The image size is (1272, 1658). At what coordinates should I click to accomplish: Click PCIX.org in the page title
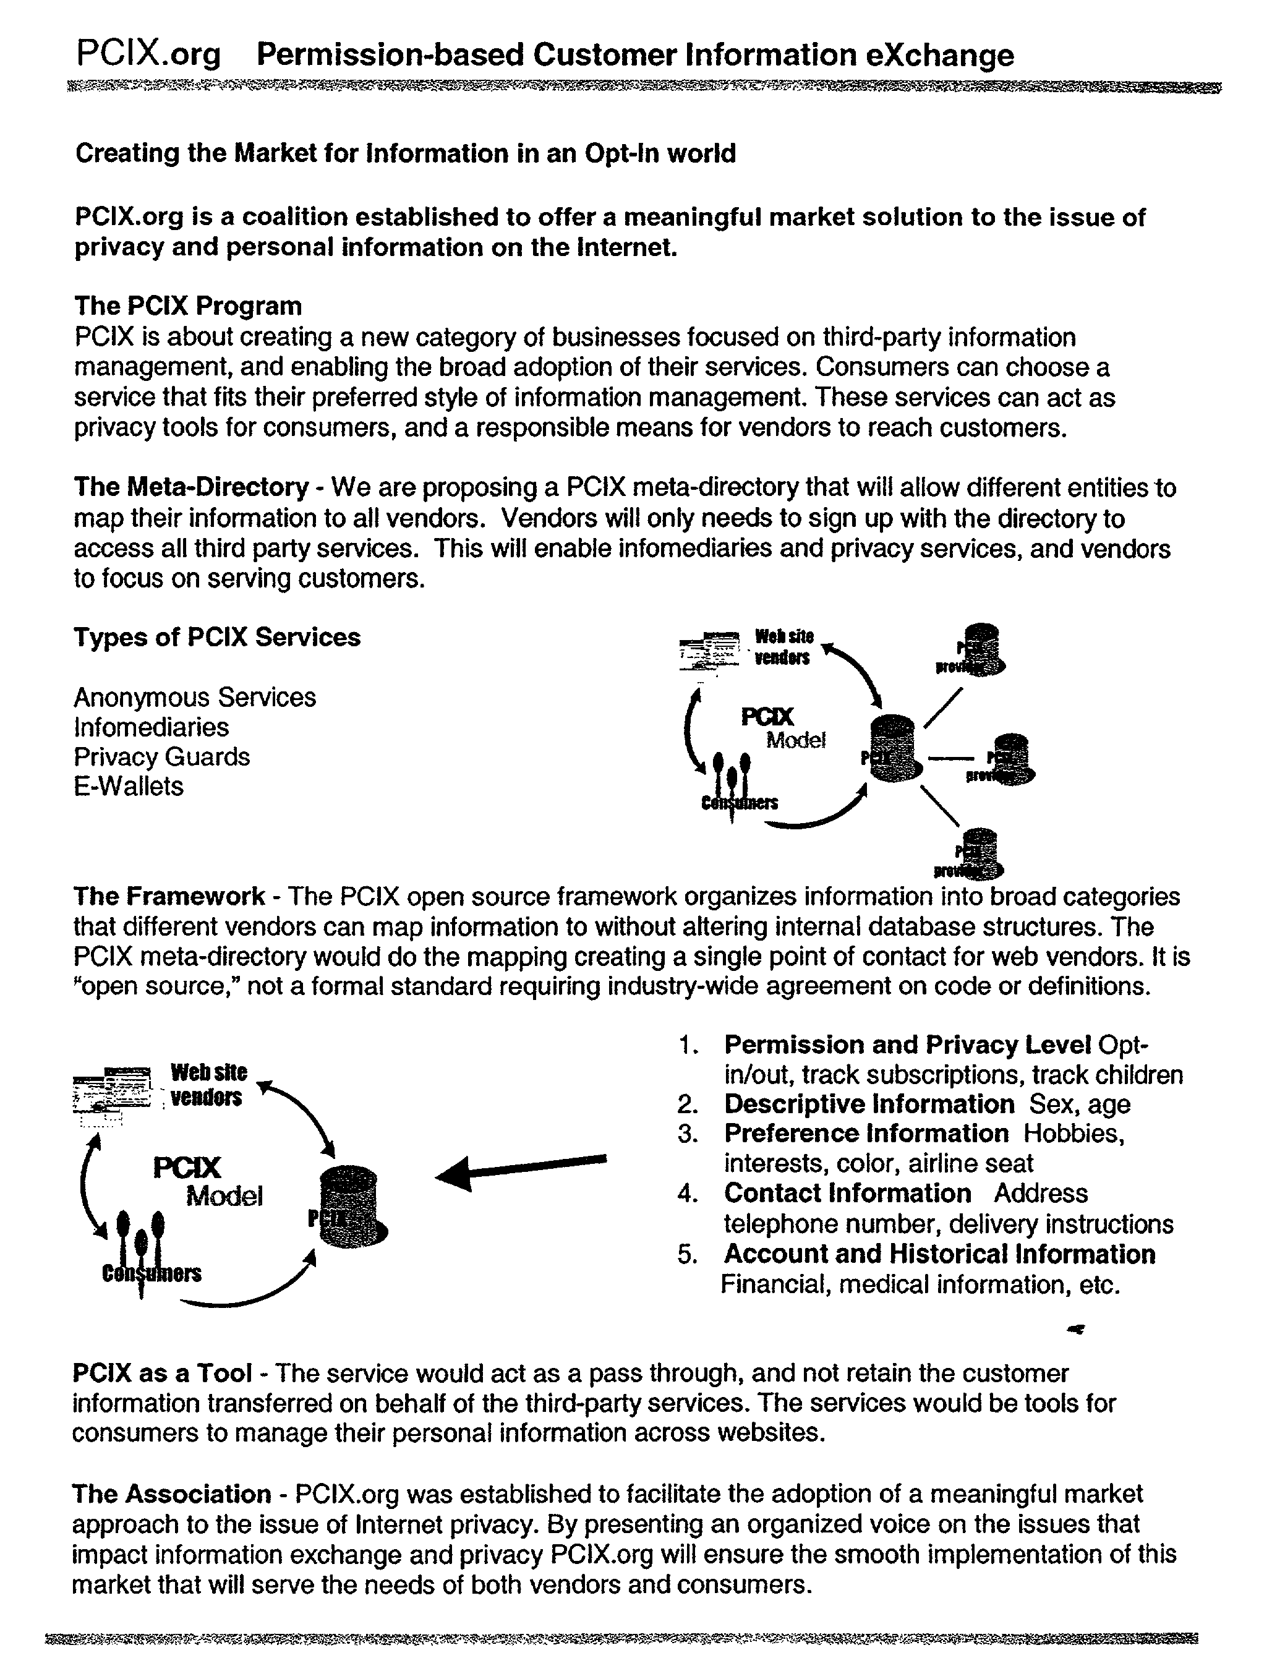pos(148,54)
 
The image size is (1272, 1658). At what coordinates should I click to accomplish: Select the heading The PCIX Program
pos(188,306)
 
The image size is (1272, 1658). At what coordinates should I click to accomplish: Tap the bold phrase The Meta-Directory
pos(191,487)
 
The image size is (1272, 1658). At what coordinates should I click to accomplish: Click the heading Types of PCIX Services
pos(216,637)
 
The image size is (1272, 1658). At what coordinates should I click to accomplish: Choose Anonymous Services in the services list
pos(195,696)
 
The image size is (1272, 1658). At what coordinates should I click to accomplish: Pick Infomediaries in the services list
pos(152,727)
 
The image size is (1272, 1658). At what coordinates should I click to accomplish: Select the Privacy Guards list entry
pos(161,756)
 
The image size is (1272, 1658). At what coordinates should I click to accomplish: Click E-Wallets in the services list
pos(128,786)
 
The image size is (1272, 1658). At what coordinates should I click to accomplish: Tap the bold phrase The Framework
pos(169,896)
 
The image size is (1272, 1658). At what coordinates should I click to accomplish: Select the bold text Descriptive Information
pos(868,1104)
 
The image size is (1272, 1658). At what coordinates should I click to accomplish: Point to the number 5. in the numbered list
pos(688,1255)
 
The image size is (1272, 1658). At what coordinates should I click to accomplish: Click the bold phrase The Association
pos(171,1493)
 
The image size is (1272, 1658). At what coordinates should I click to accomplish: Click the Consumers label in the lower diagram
pos(152,1273)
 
